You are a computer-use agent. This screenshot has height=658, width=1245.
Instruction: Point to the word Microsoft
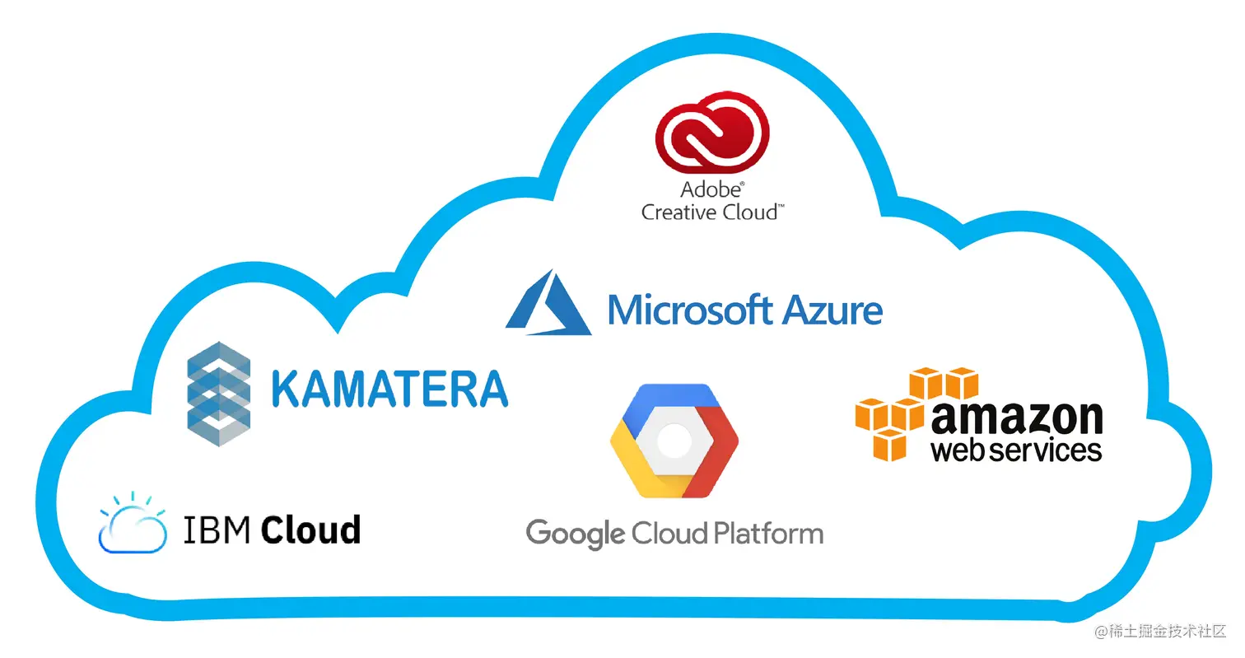click(x=690, y=310)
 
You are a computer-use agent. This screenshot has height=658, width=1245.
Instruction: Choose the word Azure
click(x=832, y=310)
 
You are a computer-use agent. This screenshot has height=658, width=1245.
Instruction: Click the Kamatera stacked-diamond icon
click(x=218, y=394)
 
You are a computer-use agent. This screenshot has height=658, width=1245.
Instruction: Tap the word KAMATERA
click(x=389, y=389)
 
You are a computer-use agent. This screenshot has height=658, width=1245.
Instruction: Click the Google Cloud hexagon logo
click(x=674, y=440)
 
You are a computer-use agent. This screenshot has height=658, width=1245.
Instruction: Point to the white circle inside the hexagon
click(x=674, y=440)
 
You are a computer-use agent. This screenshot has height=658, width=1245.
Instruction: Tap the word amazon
click(x=1017, y=418)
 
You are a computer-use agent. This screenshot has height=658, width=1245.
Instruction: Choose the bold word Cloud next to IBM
click(x=311, y=529)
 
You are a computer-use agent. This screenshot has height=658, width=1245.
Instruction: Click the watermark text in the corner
click(x=1160, y=632)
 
